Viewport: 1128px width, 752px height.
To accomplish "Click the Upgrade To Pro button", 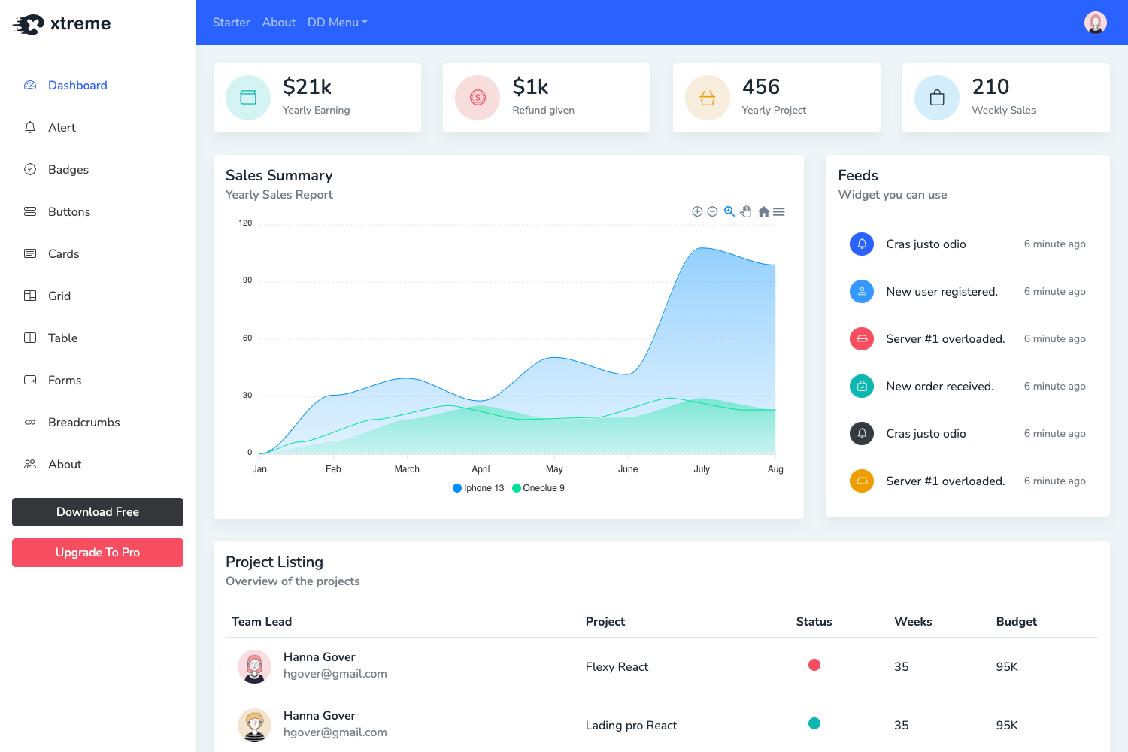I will [x=98, y=553].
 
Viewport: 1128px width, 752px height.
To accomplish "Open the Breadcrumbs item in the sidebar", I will [x=83, y=423].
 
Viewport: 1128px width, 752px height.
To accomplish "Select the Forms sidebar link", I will [x=65, y=381].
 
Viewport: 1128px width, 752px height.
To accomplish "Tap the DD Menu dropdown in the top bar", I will [x=337, y=23].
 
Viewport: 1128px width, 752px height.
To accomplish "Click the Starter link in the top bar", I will [x=231, y=23].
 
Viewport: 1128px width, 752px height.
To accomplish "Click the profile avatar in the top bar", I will [x=1095, y=23].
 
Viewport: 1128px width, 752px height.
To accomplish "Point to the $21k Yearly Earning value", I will [x=307, y=87].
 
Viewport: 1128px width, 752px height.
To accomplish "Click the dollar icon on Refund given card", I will [x=478, y=98].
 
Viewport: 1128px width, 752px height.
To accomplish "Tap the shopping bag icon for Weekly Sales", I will [x=937, y=98].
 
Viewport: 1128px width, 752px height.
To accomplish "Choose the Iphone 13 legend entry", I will [x=478, y=488].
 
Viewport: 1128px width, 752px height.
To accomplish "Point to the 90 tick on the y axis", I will [x=247, y=280].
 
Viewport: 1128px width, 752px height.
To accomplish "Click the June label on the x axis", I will [x=628, y=469].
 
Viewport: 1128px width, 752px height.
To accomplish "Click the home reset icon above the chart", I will [x=763, y=212].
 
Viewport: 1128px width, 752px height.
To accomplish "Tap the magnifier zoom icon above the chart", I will [x=729, y=212].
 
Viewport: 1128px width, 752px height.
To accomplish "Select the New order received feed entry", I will [x=939, y=387].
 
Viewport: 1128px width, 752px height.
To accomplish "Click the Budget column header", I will [x=1016, y=622].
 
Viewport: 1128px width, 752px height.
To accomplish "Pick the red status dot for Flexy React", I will [x=814, y=665].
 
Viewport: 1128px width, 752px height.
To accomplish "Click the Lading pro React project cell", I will [x=631, y=726].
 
